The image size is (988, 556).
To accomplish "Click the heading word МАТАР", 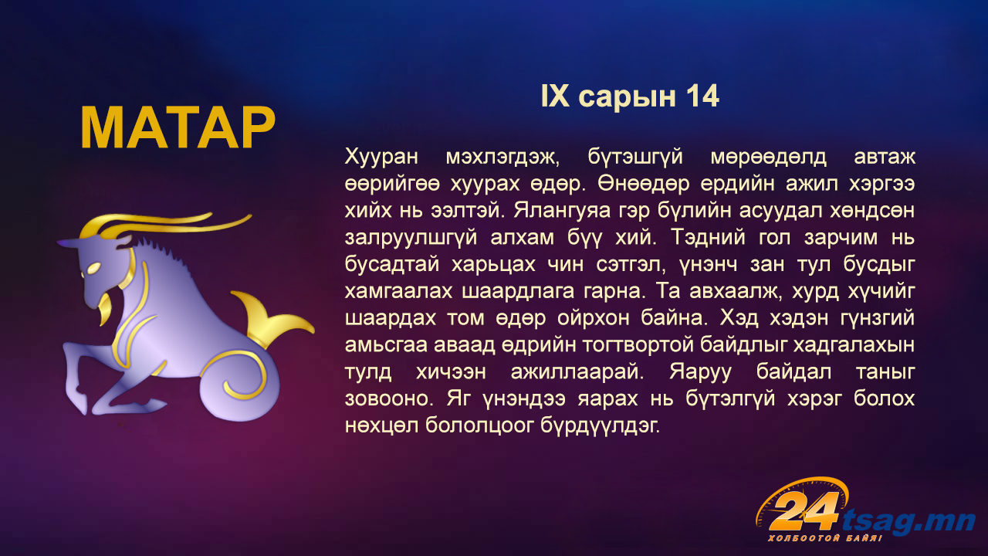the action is pyautogui.click(x=178, y=128).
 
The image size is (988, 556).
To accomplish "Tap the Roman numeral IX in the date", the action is pyautogui.click(x=555, y=97).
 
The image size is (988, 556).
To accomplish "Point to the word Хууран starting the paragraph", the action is pyautogui.click(x=381, y=157).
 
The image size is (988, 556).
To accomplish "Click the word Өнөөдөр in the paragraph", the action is pyautogui.click(x=644, y=184).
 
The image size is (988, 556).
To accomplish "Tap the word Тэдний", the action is pyautogui.click(x=708, y=238).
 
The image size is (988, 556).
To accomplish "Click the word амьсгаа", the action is pyautogui.click(x=386, y=345).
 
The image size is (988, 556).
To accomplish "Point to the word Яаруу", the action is pyautogui.click(x=700, y=372).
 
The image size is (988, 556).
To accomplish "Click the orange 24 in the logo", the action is pyautogui.click(x=804, y=511).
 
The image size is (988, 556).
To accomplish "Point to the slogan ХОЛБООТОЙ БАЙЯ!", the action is pyautogui.click(x=825, y=538).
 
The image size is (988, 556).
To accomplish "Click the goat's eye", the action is pyautogui.click(x=94, y=268).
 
